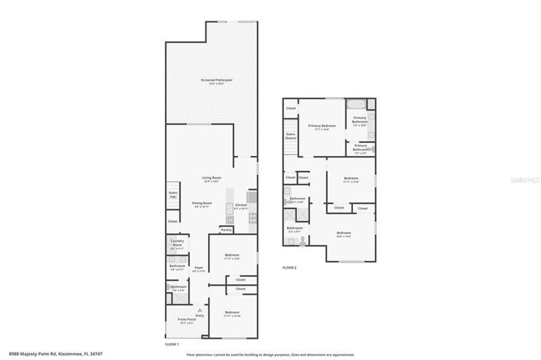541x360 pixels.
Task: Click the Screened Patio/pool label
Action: [212, 80]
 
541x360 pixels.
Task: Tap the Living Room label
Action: [211, 178]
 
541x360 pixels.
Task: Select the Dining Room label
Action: [202, 203]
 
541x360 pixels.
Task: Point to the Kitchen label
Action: [240, 205]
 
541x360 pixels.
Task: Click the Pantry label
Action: [226, 230]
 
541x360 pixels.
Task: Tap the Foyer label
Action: [199, 268]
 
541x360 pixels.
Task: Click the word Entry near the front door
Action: [200, 315]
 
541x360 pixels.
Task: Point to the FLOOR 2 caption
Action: [289, 267]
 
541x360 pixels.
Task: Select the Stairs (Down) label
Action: [291, 135]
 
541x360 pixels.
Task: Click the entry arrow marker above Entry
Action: [200, 309]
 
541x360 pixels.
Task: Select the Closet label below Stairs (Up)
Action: [172, 221]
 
